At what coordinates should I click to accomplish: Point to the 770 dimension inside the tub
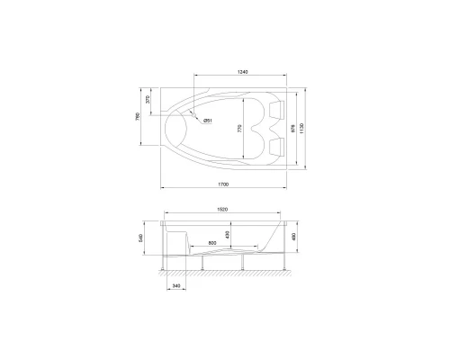(x=239, y=129)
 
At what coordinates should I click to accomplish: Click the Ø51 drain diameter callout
(x=207, y=121)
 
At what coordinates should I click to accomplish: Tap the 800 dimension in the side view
(x=211, y=244)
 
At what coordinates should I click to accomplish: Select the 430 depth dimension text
(x=227, y=235)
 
